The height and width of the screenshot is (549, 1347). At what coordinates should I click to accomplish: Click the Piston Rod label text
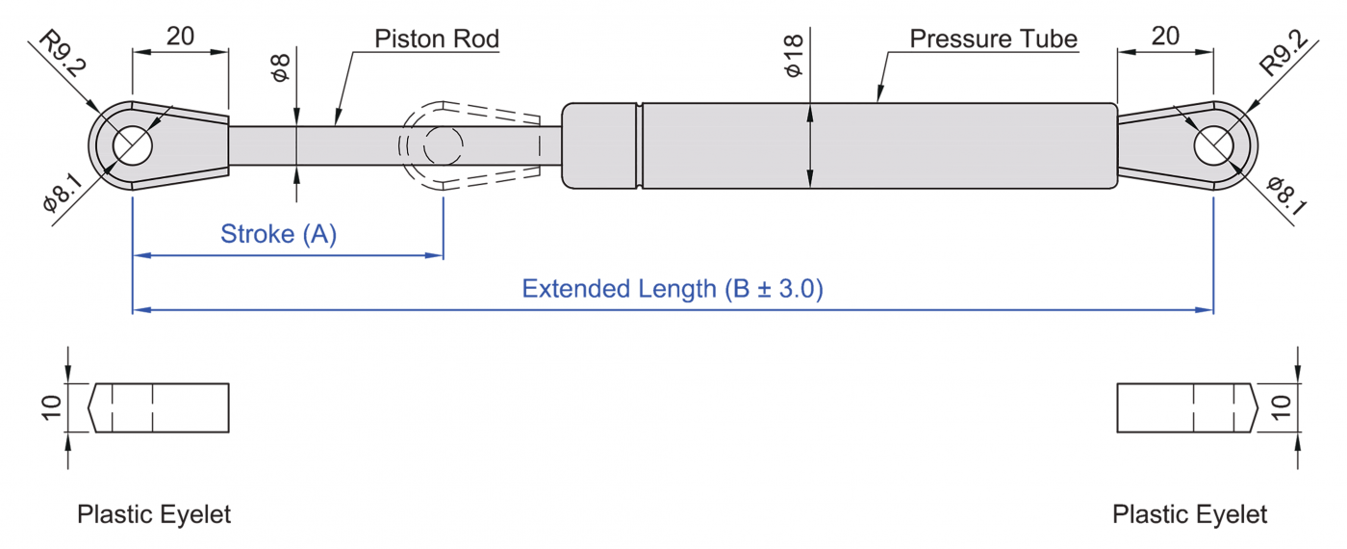point(437,39)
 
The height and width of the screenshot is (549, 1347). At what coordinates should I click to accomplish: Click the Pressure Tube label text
point(993,39)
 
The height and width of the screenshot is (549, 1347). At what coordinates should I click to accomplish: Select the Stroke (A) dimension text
point(279,234)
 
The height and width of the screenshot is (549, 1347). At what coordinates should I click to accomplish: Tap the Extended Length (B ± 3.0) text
point(673,289)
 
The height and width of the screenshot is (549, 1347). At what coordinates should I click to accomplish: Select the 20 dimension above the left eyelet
point(180,37)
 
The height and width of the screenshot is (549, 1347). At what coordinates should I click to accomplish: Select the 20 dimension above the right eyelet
point(1165,37)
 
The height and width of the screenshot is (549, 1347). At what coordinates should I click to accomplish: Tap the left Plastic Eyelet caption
point(154,514)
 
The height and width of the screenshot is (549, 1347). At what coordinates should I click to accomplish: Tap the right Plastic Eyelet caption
point(1189,514)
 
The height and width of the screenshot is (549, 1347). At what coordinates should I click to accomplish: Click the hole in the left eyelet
point(133,145)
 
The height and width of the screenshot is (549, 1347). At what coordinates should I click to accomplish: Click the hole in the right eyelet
point(1213,145)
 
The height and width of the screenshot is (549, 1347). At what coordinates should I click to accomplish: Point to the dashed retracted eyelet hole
point(443,145)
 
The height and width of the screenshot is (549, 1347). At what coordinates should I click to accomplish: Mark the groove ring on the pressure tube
point(639,144)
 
